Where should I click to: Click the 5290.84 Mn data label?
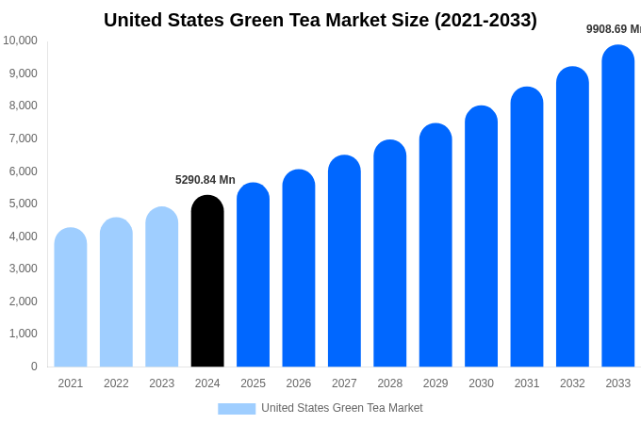click(205, 180)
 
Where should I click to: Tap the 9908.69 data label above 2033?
click(614, 29)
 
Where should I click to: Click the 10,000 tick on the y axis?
click(21, 41)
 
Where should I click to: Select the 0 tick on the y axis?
click(34, 367)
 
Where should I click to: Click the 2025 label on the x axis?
click(253, 383)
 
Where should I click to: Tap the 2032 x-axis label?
click(572, 383)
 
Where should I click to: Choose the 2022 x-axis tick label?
click(116, 383)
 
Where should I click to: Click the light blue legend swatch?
click(237, 409)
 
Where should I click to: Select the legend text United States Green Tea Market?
click(342, 408)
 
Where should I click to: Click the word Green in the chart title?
click(258, 20)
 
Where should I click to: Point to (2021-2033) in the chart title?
click(485, 20)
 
